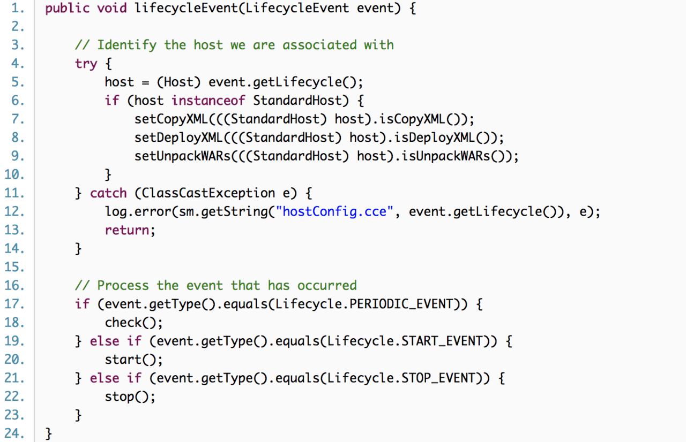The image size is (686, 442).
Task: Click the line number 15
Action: (x=14, y=266)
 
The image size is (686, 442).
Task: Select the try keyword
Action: (x=86, y=64)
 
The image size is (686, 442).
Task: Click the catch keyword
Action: (x=108, y=193)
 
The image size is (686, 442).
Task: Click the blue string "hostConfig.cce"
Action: (x=334, y=211)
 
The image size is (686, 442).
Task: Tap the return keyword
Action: (x=126, y=230)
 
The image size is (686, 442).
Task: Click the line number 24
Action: (x=14, y=433)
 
